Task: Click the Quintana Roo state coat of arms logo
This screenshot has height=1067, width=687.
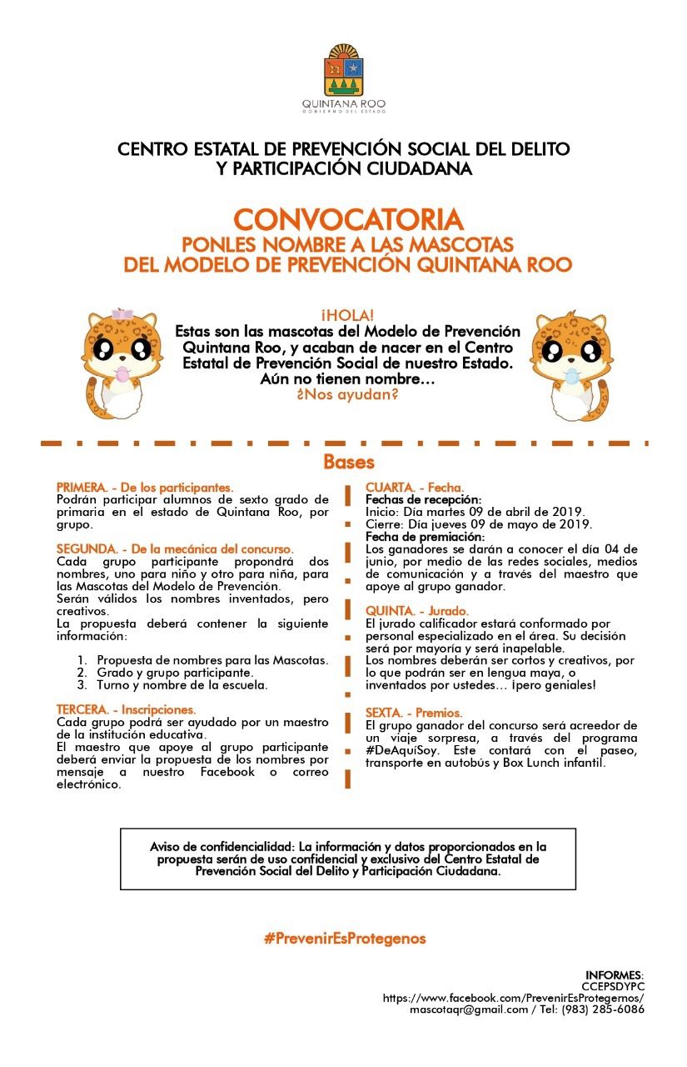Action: [344, 72]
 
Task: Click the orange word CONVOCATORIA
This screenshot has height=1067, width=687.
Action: [348, 220]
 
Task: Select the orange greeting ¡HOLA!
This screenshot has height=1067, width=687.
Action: [347, 315]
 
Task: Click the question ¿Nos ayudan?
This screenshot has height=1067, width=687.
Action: [347, 394]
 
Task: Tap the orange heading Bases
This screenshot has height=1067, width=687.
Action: [349, 462]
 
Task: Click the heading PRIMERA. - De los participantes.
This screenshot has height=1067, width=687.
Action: [145, 487]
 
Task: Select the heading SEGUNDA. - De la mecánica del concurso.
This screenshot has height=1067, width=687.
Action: [175, 549]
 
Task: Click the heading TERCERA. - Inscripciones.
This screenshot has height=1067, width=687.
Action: [126, 709]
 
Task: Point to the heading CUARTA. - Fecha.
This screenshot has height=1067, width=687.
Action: [415, 487]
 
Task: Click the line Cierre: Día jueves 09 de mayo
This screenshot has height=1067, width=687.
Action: [479, 524]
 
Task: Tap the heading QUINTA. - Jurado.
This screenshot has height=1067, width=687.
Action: [417, 611]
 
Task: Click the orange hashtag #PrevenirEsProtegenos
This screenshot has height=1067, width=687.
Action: [345, 939]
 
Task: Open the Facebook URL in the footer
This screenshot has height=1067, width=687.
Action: [513, 997]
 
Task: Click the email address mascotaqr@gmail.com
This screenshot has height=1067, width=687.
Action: [469, 1009]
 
